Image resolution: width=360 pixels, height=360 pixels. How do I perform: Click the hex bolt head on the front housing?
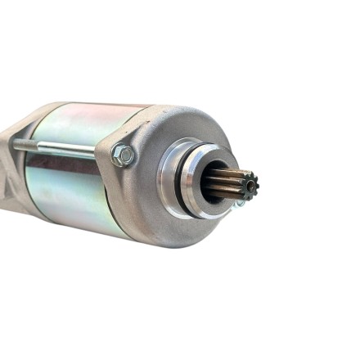123,154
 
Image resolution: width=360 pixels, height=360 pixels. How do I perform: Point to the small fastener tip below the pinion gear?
240,203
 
